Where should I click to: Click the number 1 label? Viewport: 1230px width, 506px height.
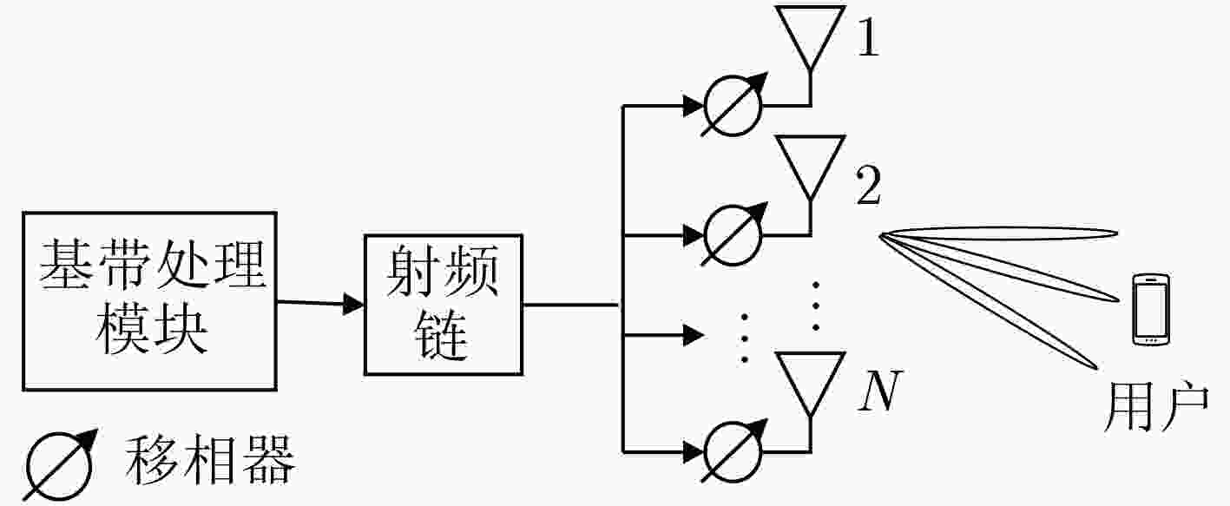(868, 38)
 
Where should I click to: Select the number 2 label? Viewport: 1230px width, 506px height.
(868, 186)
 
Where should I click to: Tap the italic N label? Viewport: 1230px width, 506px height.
(879, 391)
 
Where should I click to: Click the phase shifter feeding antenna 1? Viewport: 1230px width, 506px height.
(733, 105)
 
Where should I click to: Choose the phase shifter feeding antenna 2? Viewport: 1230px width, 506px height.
(733, 235)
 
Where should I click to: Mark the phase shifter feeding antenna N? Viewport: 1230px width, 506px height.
(733, 451)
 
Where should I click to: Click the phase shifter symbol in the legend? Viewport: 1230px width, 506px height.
(59, 465)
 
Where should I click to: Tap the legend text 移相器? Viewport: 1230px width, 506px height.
(209, 460)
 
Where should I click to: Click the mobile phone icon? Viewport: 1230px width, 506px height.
(1152, 310)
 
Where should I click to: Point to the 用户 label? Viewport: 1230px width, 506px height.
(1156, 407)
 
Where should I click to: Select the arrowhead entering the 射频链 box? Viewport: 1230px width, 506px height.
(353, 304)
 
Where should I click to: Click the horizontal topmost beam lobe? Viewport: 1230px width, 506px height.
(999, 233)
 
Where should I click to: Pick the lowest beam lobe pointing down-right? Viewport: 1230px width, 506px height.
(989, 302)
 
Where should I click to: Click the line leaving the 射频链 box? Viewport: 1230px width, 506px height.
(572, 305)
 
